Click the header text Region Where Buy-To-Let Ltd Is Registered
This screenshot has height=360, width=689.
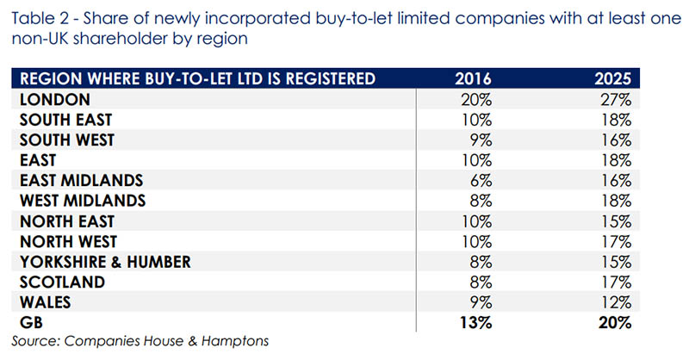point(196,79)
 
